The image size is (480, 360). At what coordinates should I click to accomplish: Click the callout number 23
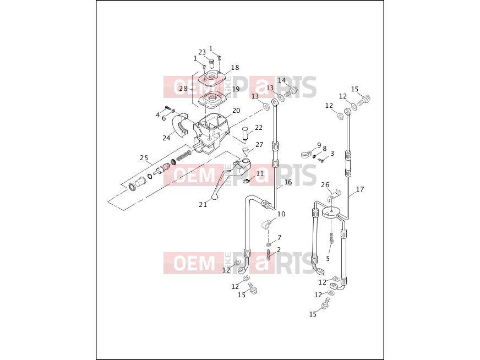[x=202, y=52]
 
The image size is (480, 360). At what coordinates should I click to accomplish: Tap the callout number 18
[x=235, y=68]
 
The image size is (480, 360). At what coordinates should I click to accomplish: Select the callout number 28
[x=183, y=89]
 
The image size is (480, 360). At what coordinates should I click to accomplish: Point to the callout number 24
[x=166, y=138]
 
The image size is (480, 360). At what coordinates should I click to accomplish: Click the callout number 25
[x=144, y=158]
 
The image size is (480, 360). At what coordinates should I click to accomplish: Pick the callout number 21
[x=203, y=204]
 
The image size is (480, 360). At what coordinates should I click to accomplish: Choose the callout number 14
[x=282, y=80]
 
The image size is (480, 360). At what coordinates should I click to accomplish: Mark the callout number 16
[x=288, y=182]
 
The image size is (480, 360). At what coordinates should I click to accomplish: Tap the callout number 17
[x=360, y=189]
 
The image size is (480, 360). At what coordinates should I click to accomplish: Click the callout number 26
[x=325, y=185]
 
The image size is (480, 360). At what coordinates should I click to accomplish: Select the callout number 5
[x=328, y=259]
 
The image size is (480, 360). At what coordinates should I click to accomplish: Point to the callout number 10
[x=281, y=214]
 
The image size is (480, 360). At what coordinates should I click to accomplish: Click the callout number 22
[x=259, y=127]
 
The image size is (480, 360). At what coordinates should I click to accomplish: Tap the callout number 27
[x=259, y=144]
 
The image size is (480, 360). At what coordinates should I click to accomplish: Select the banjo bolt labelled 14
[x=291, y=91]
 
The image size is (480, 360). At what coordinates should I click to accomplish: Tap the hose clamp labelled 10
[x=266, y=225]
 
